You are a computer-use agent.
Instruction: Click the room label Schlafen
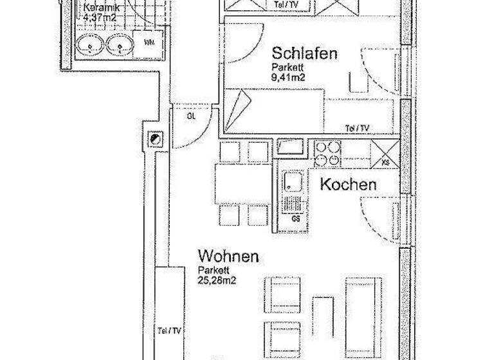(304, 53)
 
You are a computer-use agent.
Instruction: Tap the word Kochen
(348, 185)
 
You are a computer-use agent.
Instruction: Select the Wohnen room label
(228, 256)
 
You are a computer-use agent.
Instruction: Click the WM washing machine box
(149, 44)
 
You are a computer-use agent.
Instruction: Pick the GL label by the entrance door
(191, 117)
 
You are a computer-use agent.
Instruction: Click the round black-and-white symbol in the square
(156, 138)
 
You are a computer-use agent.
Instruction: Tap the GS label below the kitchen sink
(296, 219)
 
